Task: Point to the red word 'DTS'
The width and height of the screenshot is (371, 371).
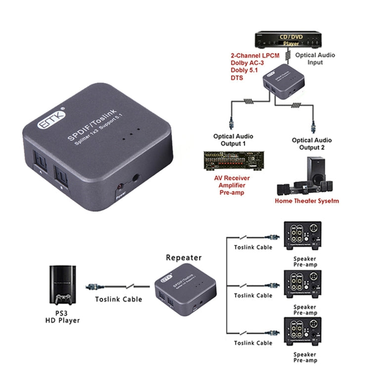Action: point(237,78)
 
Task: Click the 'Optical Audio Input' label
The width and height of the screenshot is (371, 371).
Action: point(315,59)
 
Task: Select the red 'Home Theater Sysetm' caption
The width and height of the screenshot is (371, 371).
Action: point(309,201)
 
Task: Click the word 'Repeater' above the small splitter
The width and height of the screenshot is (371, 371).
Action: point(184,258)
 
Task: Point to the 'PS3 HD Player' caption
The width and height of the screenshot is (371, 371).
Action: point(62,317)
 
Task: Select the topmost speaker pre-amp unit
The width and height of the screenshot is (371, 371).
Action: point(305,234)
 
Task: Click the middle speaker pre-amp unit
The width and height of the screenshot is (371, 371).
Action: point(305,283)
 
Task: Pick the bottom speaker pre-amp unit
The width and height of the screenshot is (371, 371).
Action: point(305,330)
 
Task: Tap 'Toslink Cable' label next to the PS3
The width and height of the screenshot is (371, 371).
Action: point(118,299)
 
